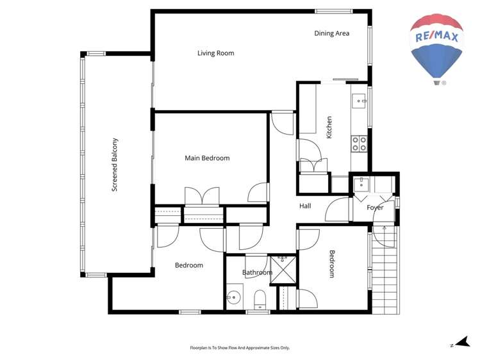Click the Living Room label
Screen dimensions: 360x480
pyautogui.click(x=215, y=53)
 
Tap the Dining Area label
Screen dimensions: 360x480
pyautogui.click(x=331, y=33)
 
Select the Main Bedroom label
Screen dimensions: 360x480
pyautogui.click(x=207, y=158)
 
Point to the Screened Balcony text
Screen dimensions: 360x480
pyautogui.click(x=115, y=165)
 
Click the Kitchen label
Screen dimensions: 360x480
pyautogui.click(x=329, y=127)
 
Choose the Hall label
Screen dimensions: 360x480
pyautogui.click(x=305, y=206)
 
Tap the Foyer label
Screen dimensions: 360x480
pyautogui.click(x=375, y=208)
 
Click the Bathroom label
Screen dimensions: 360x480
pyautogui.click(x=257, y=273)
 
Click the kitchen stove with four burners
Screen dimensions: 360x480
pyautogui.click(x=359, y=143)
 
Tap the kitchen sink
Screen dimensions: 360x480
pyautogui.click(x=360, y=101)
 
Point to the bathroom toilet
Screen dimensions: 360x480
pyautogui.click(x=260, y=300)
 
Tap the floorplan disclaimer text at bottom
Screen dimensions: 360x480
pyautogui.click(x=240, y=348)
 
